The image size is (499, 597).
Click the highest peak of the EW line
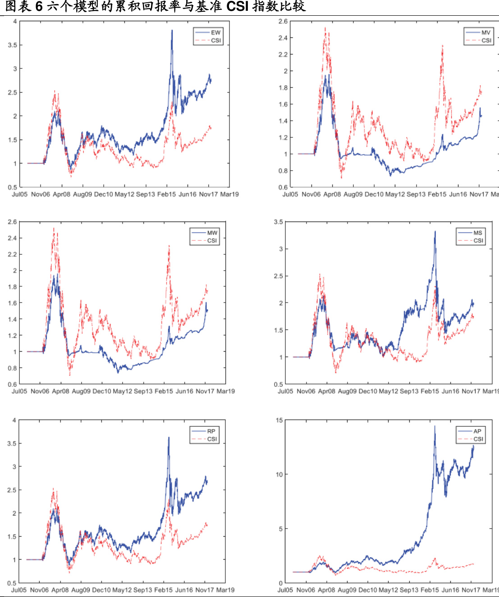coord(172,30)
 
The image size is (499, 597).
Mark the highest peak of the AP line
coord(435,426)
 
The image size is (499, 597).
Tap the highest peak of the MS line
coord(435,231)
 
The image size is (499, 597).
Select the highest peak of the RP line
coord(169,437)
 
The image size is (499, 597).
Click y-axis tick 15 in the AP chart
coord(279,421)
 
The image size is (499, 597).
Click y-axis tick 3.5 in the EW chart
coord(12,45)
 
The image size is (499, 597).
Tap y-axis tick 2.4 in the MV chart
coord(283,38)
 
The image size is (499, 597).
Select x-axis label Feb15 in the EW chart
coord(166,194)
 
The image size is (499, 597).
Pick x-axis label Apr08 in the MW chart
coord(60,391)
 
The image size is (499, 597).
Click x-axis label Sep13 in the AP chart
coord(409,590)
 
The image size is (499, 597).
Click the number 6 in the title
coord(39,6)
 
